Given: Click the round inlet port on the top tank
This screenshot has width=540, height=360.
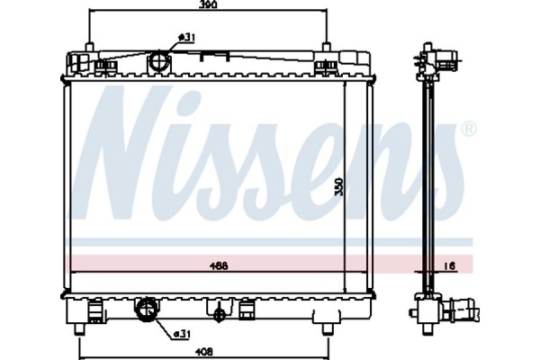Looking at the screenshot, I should pos(160,62).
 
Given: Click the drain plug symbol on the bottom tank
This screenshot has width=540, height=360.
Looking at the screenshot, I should pos(218,314).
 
